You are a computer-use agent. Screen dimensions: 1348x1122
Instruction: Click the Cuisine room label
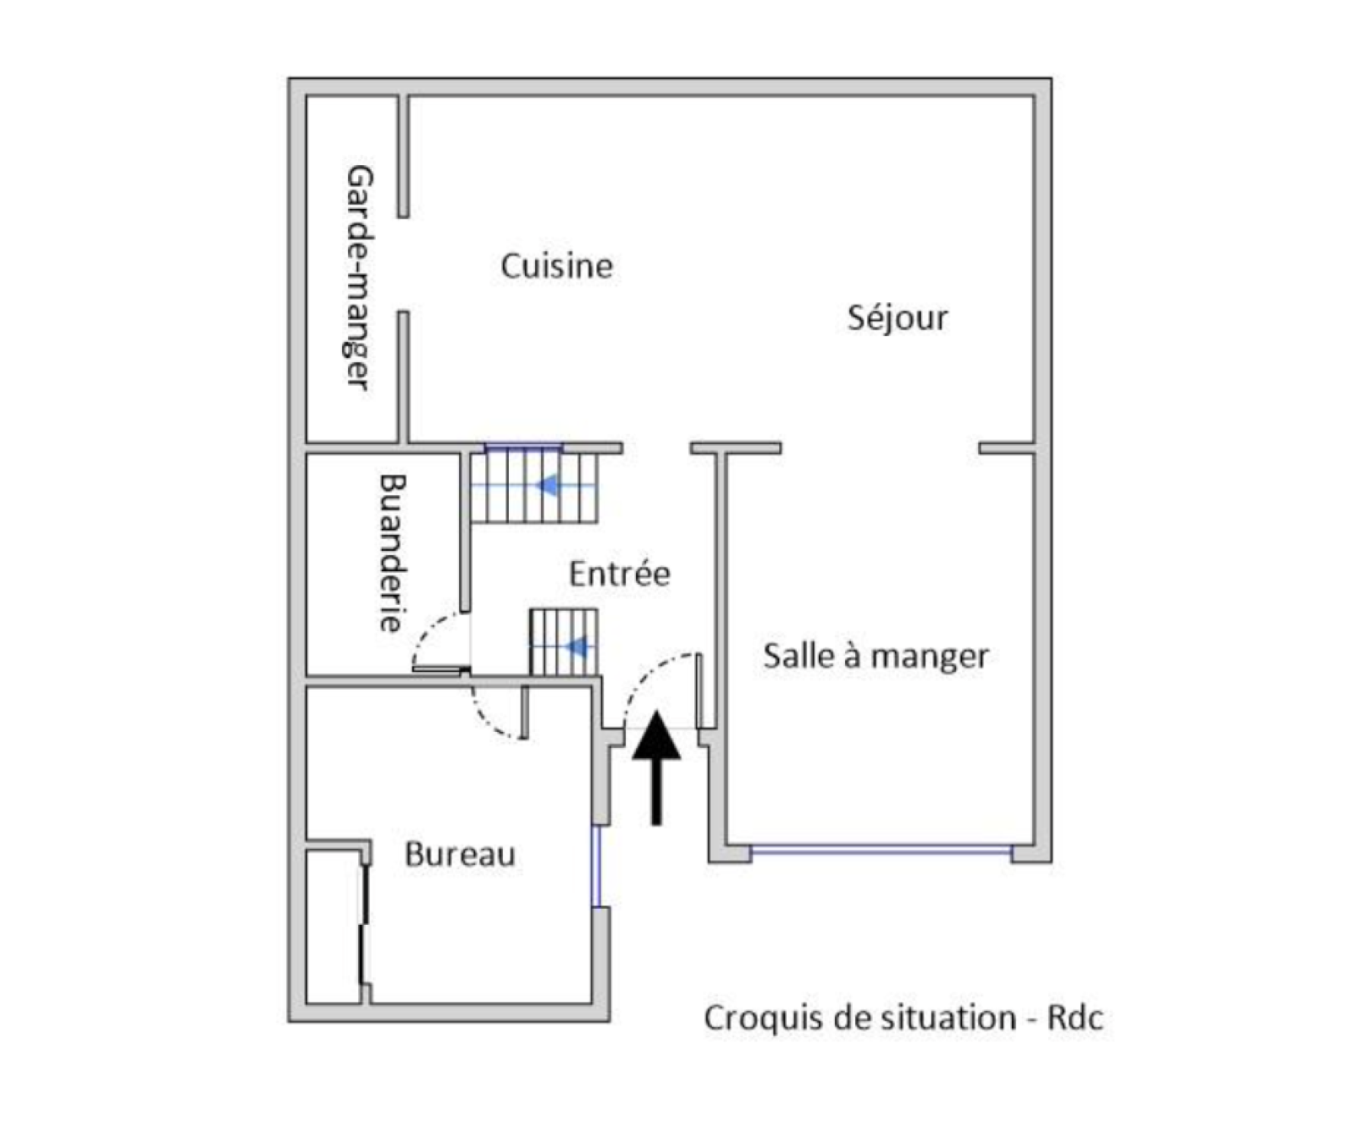[556, 266]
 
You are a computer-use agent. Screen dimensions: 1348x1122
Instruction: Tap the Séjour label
[897, 318]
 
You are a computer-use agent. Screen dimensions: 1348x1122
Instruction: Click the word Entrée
[619, 574]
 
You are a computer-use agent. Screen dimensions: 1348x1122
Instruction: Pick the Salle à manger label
[875, 655]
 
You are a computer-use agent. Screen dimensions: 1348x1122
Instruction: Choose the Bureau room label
[459, 854]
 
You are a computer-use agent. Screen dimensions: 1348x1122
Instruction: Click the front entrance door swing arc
[660, 689]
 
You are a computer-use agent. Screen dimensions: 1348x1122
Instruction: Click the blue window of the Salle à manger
[880, 852]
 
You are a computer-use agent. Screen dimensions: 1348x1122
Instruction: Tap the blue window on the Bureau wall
[596, 866]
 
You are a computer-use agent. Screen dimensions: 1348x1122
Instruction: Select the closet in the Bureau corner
[335, 927]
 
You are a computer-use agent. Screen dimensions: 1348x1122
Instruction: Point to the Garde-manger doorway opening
[404, 264]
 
